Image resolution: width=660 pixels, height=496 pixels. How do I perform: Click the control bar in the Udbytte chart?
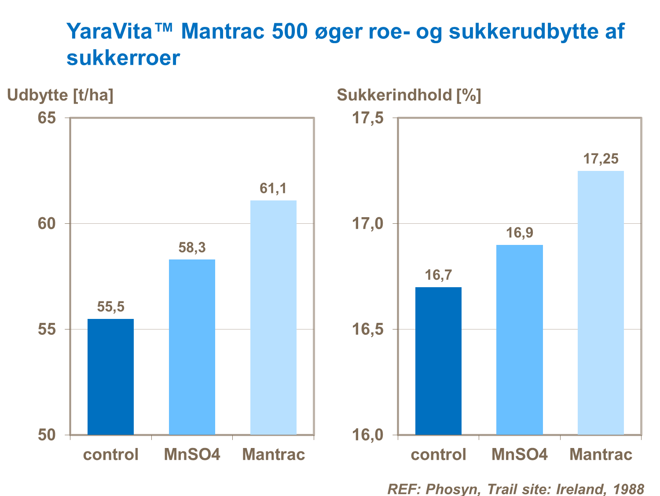tap(110, 377)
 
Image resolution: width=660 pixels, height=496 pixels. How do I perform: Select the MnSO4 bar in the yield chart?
tap(192, 347)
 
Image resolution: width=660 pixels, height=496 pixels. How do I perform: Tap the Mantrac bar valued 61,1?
tap(273, 317)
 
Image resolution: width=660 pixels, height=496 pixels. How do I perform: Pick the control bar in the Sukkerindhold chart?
tap(438, 361)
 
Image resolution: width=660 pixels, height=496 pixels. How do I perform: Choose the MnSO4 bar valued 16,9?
tap(519, 340)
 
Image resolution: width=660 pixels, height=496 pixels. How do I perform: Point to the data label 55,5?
tap(110, 307)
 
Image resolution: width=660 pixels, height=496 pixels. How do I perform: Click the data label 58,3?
tap(192, 248)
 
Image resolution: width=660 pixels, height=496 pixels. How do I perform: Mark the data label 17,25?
tap(601, 159)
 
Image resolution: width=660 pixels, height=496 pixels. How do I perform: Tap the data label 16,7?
tap(438, 275)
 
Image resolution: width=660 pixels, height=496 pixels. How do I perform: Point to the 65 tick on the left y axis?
tap(47, 118)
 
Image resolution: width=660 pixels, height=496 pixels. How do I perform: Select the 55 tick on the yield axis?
tap(47, 329)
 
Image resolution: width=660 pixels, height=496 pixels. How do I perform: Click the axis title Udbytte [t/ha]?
tap(60, 95)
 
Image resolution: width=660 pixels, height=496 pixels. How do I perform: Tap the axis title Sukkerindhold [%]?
tap(409, 95)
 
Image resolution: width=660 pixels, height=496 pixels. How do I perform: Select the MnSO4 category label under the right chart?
tap(519, 454)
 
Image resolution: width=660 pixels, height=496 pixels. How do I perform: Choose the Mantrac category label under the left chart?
tap(273, 454)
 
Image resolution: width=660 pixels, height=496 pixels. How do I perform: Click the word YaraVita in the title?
tap(109, 32)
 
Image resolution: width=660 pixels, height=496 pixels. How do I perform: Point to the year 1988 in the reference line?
tap(628, 489)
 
